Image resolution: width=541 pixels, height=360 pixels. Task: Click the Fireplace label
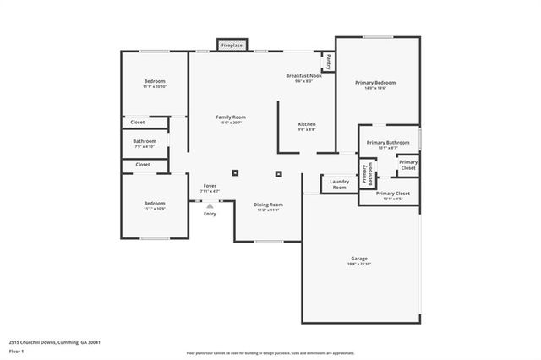(232, 45)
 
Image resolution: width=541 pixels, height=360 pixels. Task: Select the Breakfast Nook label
(303, 75)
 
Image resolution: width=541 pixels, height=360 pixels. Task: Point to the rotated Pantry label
(328, 62)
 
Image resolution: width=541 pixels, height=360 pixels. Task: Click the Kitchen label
(306, 124)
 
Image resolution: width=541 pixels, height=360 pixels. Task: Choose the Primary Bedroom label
(374, 82)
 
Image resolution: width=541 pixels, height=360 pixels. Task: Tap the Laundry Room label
(340, 183)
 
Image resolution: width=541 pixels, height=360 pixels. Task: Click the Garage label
(359, 258)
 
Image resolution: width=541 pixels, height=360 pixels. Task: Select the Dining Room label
(268, 205)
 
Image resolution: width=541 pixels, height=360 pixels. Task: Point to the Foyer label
(210, 186)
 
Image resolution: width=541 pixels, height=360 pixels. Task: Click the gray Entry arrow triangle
(210, 205)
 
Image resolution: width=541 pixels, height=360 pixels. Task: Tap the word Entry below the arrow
(210, 213)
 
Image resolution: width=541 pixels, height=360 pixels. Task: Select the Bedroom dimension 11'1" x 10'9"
(154, 208)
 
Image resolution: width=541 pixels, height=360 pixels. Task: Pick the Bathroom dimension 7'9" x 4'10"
(145, 147)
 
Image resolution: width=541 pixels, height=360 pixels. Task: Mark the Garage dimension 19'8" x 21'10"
(359, 264)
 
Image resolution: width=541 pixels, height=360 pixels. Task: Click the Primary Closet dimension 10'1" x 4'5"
(387, 199)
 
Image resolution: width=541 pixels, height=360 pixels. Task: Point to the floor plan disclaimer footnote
(270, 353)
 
